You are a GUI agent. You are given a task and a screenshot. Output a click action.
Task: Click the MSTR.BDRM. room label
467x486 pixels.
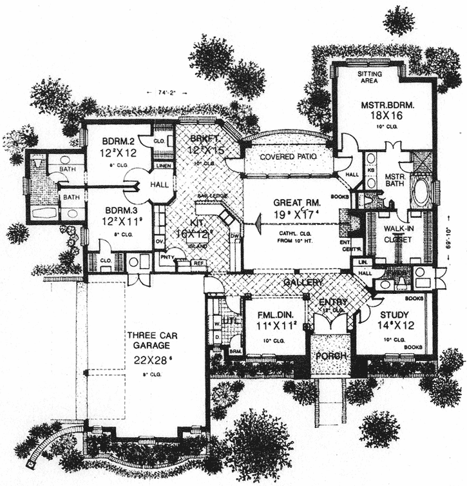[387, 104]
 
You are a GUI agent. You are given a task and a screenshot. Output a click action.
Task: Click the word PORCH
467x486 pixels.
[330, 355]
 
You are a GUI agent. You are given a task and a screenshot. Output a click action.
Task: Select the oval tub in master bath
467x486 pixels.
[423, 191]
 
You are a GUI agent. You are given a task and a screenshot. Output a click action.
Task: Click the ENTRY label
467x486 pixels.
[332, 302]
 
